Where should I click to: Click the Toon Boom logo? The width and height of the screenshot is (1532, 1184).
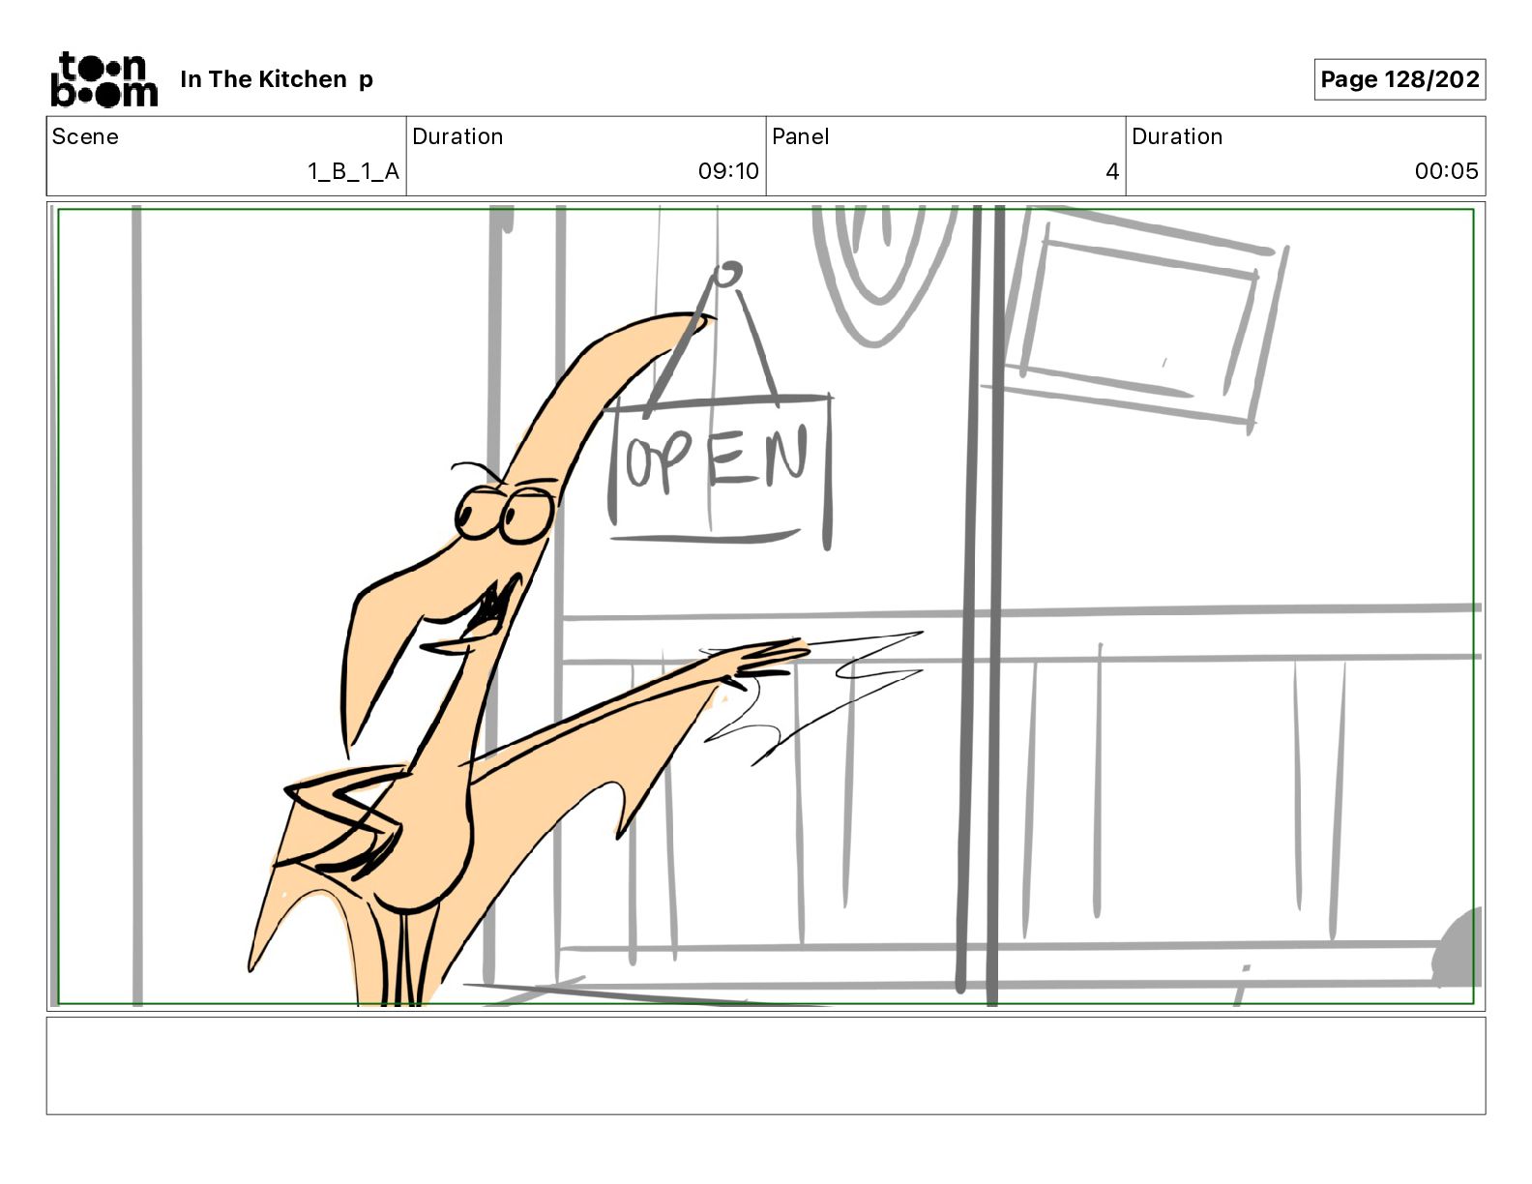(104, 79)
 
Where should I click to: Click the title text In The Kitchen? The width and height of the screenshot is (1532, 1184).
(264, 79)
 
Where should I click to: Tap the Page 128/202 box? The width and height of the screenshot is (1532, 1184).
(1399, 79)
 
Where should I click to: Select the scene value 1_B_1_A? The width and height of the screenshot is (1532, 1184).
(354, 171)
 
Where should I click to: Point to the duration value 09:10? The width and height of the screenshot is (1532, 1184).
(728, 170)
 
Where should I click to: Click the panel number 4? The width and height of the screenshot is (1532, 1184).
(1112, 171)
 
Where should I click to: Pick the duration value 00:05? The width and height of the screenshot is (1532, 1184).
(1446, 170)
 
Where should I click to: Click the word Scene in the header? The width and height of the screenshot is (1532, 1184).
(85, 136)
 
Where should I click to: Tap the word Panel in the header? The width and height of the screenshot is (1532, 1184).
(800, 136)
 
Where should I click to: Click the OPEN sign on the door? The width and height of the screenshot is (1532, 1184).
(720, 469)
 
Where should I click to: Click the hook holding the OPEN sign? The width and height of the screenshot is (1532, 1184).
(727, 274)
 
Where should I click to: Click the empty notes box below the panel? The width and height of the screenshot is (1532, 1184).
(766, 1066)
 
